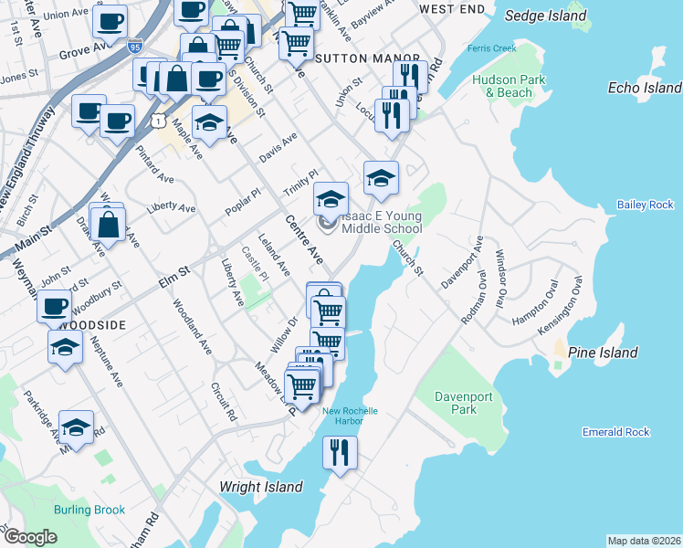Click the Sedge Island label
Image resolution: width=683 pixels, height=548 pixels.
pyautogui.click(x=545, y=16)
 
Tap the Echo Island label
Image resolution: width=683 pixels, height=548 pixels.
pyautogui.click(x=645, y=88)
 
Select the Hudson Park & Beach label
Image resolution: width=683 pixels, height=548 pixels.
pyautogui.click(x=509, y=86)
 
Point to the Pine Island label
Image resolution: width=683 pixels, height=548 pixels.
pyautogui.click(x=603, y=353)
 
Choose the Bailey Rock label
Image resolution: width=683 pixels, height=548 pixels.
pyautogui.click(x=645, y=205)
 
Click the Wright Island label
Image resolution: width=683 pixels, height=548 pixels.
pyautogui.click(x=261, y=487)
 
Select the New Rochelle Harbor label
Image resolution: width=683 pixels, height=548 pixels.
pyautogui.click(x=350, y=416)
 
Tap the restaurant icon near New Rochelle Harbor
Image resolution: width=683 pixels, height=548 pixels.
pyautogui.click(x=340, y=451)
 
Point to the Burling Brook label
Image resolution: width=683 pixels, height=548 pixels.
pyautogui.click(x=89, y=510)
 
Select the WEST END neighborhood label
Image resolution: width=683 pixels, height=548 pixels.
pyautogui.click(x=451, y=8)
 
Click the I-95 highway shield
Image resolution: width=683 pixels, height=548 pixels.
pyautogui.click(x=135, y=45)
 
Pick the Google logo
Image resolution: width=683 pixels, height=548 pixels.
pyautogui.click(x=31, y=537)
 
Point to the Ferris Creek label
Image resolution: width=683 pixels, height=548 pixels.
pyautogui.click(x=491, y=47)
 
